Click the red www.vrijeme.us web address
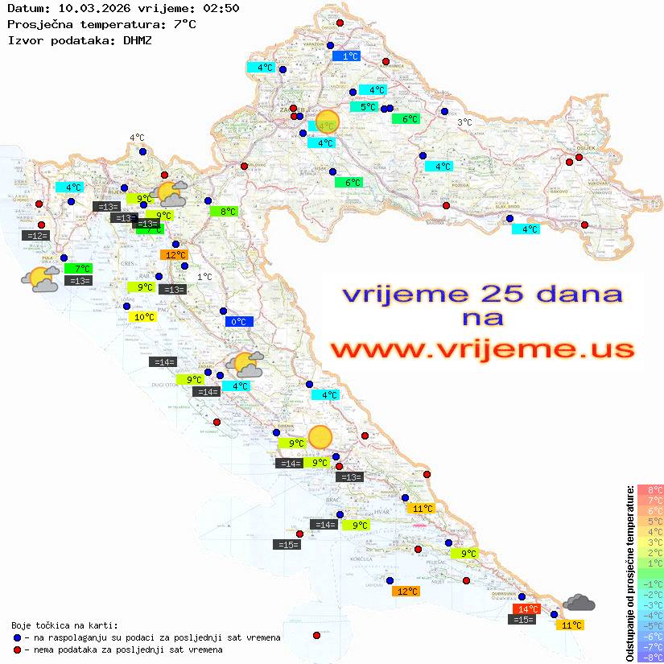coord(481,348)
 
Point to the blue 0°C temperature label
coord(239,322)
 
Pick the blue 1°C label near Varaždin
coord(346,56)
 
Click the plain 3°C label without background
coord(464,122)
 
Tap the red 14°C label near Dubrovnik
coord(526,609)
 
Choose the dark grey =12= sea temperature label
coord(36,236)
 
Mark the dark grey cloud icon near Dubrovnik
coord(579,602)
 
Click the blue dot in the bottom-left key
coord(17,637)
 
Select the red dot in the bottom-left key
coord(17,650)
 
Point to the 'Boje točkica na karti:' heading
coord(65,625)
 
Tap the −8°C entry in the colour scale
coord(650,658)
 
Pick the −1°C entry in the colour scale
coord(650,584)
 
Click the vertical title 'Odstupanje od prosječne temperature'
coord(630,573)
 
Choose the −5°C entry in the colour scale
coord(650,625)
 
